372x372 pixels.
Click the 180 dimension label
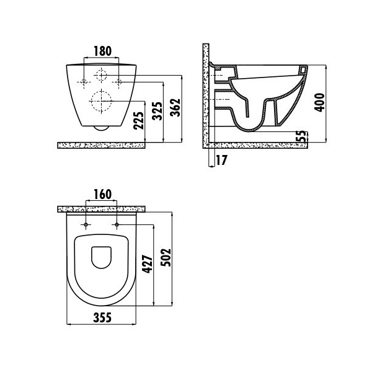(x=102, y=51)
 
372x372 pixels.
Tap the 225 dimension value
(x=138, y=120)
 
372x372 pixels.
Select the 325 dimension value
(x=157, y=111)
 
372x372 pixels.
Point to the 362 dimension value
(x=175, y=107)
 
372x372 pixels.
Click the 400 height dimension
(x=319, y=102)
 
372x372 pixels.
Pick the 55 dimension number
(x=302, y=136)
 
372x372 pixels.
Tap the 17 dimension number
(x=221, y=160)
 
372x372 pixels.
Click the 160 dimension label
(x=102, y=194)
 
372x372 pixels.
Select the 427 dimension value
(x=148, y=264)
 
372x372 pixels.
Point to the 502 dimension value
(x=166, y=257)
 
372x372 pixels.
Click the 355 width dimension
(x=102, y=317)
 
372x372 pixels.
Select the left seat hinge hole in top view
(x=86, y=224)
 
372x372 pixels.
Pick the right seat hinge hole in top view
(x=117, y=224)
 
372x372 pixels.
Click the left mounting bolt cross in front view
(x=84, y=82)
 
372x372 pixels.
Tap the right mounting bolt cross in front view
(x=118, y=82)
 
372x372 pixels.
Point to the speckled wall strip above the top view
(x=101, y=209)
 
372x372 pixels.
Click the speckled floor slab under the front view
(x=101, y=146)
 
